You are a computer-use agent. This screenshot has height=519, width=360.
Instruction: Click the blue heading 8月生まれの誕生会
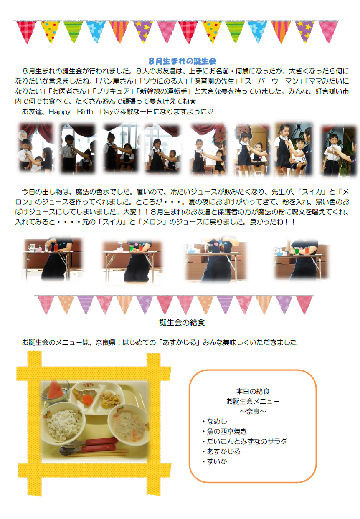182,61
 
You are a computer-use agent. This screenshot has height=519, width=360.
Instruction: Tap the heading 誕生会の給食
182,322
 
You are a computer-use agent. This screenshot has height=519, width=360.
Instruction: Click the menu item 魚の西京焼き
227,431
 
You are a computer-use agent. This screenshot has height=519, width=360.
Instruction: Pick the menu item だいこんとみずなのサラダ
247,441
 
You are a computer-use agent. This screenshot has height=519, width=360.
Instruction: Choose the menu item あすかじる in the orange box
223,451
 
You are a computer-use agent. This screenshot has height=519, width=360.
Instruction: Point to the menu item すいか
217,461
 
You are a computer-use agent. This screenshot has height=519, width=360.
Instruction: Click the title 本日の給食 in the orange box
253,391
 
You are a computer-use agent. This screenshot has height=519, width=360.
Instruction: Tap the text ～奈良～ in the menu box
253,411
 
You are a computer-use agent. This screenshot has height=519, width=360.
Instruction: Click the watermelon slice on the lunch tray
55,390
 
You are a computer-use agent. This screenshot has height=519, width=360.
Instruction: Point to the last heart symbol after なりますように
210,111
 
